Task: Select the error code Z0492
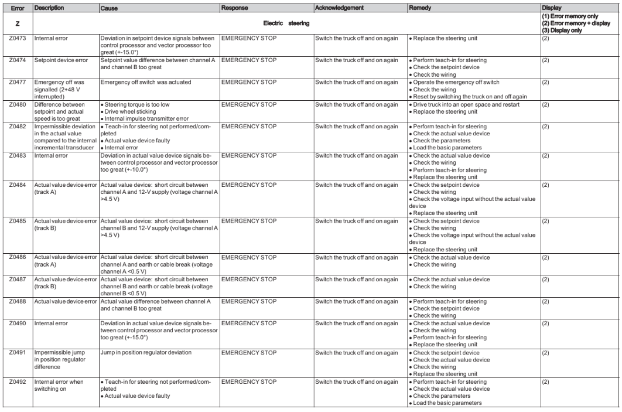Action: click(x=16, y=382)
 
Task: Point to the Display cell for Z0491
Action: click(x=546, y=353)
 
